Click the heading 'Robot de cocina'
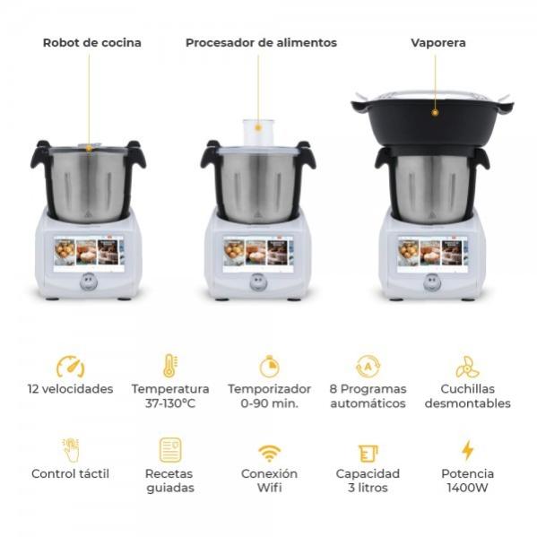pos(91,43)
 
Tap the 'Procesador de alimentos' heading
pos(261,43)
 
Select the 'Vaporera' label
pos(438,43)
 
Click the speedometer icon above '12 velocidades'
pos(71,367)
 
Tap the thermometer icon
pos(169,366)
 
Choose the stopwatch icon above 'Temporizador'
pos(270,367)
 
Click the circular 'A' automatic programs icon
pos(368,367)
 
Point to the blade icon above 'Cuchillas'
pos(467,367)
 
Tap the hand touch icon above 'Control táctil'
pos(71,450)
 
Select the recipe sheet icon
pos(170,450)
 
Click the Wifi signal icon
pos(270,453)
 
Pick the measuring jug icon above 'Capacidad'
pos(368,454)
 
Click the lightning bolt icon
pos(467,450)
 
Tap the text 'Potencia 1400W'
pos(467,481)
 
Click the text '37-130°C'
pos(169,403)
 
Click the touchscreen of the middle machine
pos(258,254)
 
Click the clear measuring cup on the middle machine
pos(258,133)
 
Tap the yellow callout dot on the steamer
pos(435,112)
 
